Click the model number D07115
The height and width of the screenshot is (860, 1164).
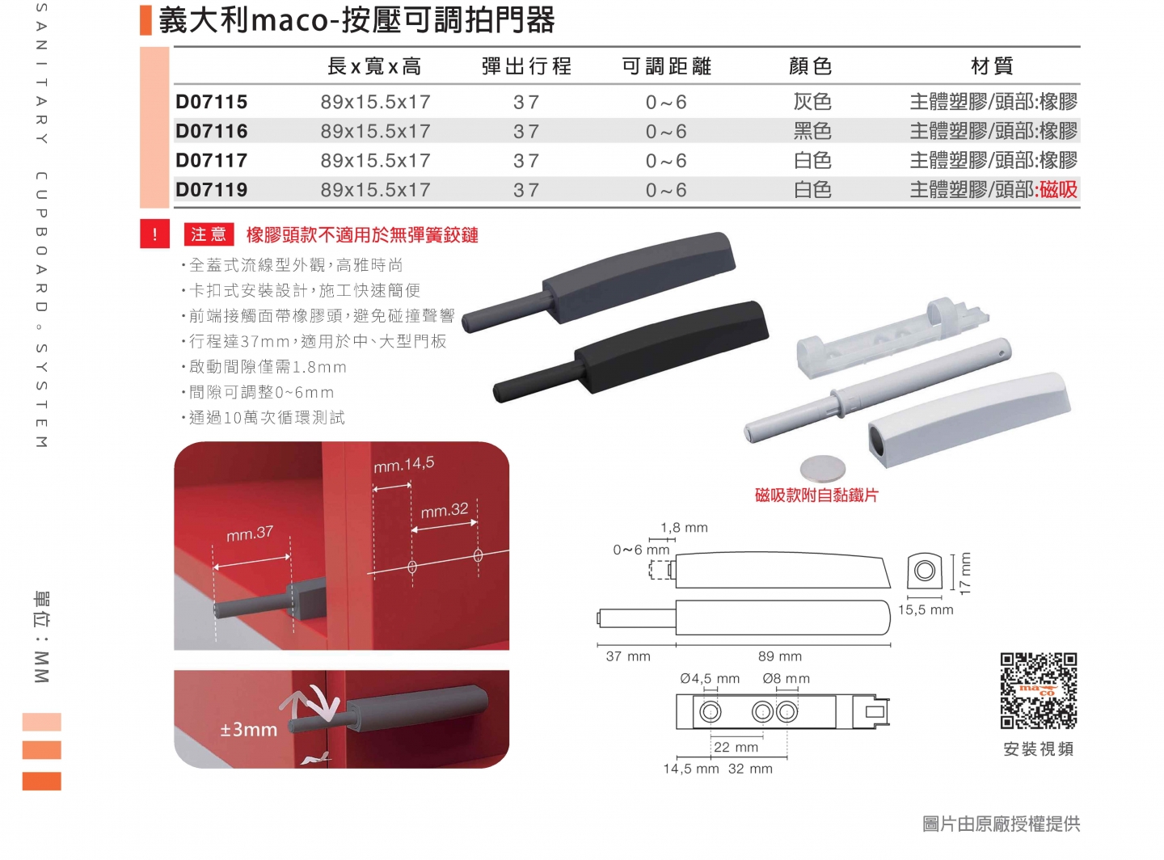point(212,102)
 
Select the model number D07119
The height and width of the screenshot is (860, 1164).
point(212,190)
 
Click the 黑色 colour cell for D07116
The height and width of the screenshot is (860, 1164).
point(812,131)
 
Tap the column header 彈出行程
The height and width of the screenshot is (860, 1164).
point(526,66)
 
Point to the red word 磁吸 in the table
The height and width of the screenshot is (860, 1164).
point(1059,190)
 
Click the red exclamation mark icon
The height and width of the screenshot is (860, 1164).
point(154,234)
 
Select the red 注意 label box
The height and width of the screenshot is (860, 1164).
point(209,234)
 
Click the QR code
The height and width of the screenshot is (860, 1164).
point(1039,691)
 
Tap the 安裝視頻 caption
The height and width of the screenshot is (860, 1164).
point(1039,749)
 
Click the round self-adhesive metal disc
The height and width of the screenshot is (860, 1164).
point(823,468)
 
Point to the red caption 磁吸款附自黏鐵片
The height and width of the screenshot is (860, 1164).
point(816,495)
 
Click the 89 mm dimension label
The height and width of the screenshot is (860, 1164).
point(780,656)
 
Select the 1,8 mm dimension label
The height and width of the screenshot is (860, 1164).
point(684,528)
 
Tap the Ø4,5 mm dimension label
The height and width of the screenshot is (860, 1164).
point(710,679)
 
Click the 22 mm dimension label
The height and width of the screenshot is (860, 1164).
point(736,748)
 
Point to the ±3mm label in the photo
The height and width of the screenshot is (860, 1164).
point(249,730)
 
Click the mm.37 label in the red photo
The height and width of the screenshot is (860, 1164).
point(250,533)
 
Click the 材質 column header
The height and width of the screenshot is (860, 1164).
point(992,66)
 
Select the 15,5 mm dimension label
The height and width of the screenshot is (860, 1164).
point(926,610)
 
